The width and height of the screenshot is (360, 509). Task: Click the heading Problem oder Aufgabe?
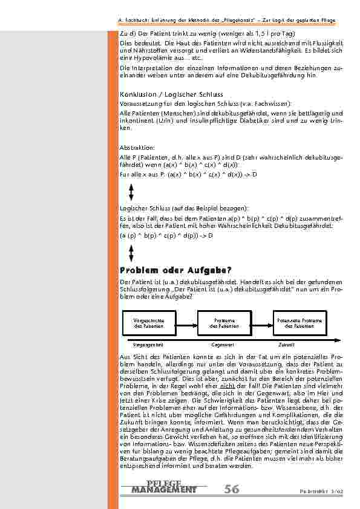tap(176, 270)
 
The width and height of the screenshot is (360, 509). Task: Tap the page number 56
tap(231, 488)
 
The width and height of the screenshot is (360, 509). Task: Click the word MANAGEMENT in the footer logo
tap(163, 489)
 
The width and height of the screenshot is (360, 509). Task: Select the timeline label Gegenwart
tap(222, 344)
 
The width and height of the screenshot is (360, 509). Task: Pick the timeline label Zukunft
tap(287, 344)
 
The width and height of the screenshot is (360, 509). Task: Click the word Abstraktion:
tap(137, 148)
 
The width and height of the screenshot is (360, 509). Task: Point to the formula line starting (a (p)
tap(166, 235)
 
